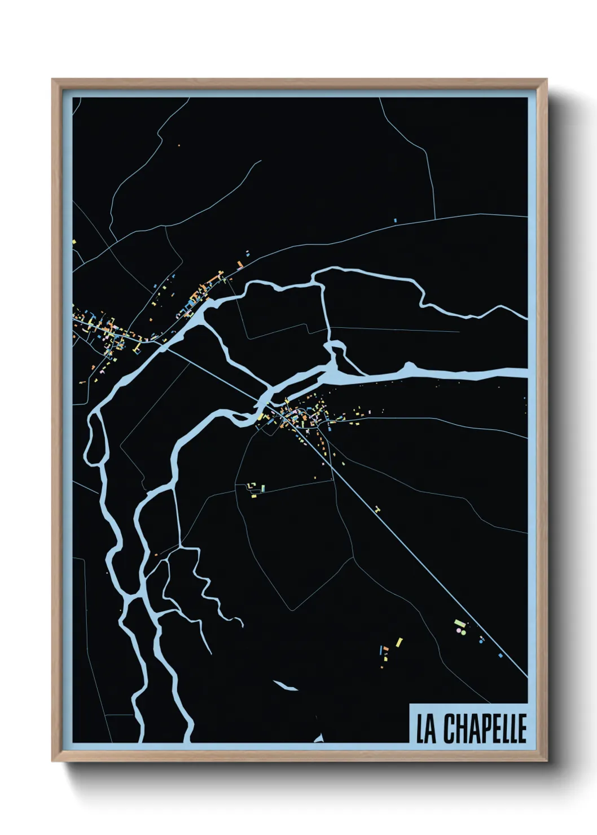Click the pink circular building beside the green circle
(459, 630)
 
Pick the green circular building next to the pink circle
(464, 632)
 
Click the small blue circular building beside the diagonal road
(481, 641)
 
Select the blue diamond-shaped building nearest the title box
(501, 656)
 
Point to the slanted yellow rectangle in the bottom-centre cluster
(399, 642)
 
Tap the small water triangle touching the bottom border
(319, 739)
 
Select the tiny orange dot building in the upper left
(179, 146)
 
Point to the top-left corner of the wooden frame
(53, 80)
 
